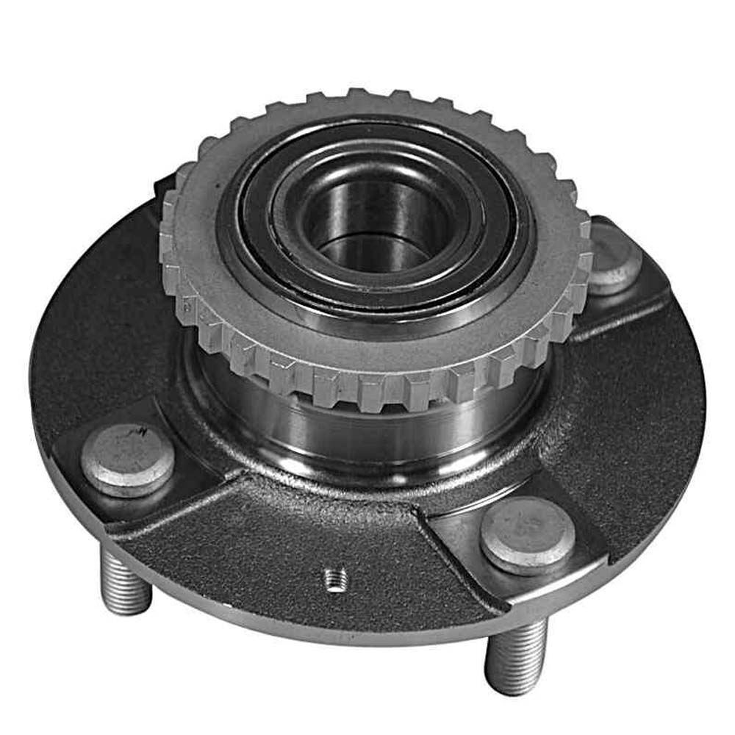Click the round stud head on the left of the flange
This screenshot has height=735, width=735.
pos(127,460)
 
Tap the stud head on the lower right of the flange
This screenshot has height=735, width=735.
pos(528,534)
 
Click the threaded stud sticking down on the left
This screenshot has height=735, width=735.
pos(124,581)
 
